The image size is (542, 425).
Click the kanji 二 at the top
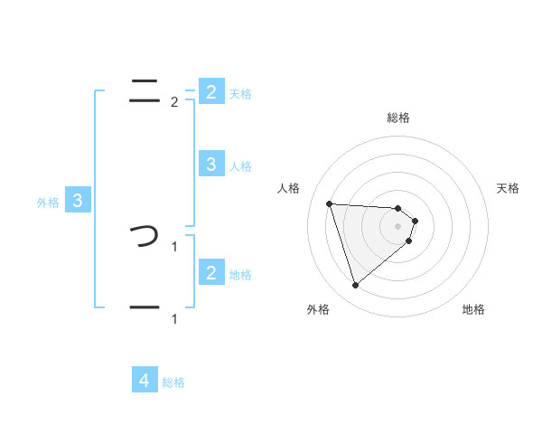(x=145, y=89)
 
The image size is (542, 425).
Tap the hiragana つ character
(x=145, y=237)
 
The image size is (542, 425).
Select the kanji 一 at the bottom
(x=145, y=307)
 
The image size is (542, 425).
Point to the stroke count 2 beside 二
(x=174, y=102)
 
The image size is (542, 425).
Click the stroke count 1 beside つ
(x=174, y=245)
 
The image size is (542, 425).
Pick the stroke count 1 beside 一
(x=174, y=318)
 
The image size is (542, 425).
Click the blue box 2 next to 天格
(x=210, y=91)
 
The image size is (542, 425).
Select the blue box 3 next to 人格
(x=210, y=164)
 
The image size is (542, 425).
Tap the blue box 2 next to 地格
(x=210, y=272)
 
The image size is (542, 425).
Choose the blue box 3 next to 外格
(x=77, y=201)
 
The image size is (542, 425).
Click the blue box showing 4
(x=145, y=381)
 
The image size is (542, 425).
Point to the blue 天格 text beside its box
(x=240, y=93)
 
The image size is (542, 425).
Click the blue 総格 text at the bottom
(x=173, y=382)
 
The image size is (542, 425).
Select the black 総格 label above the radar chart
(x=398, y=118)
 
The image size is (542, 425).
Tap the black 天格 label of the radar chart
(x=509, y=188)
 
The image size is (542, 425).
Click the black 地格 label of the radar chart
(x=473, y=310)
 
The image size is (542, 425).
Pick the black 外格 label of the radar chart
(x=318, y=310)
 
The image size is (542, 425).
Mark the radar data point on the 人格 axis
(x=329, y=203)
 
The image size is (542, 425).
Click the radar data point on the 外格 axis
(x=355, y=286)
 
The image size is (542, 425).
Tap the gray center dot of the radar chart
(x=398, y=226)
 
